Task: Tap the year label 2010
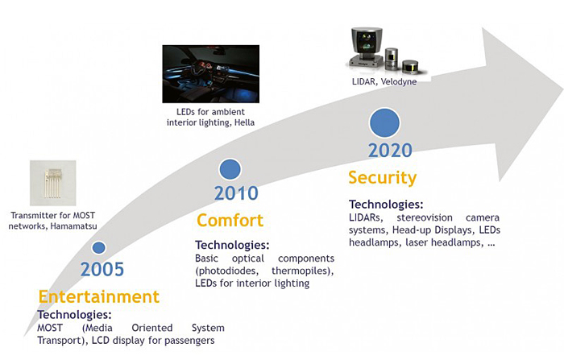click(x=236, y=193)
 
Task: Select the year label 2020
click(x=390, y=151)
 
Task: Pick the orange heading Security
click(x=382, y=177)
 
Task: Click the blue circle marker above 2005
click(x=98, y=248)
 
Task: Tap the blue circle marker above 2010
click(x=230, y=169)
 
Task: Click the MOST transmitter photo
click(x=52, y=184)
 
